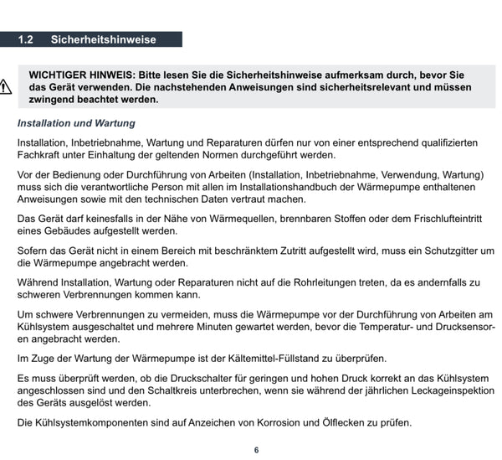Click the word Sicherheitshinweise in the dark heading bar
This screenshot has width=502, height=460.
[x=104, y=39]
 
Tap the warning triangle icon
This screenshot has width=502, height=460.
[x=5, y=85]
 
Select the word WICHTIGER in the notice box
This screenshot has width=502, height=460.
[x=59, y=75]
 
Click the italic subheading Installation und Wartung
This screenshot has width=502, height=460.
[x=76, y=123]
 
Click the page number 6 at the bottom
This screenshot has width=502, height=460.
[x=256, y=450]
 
